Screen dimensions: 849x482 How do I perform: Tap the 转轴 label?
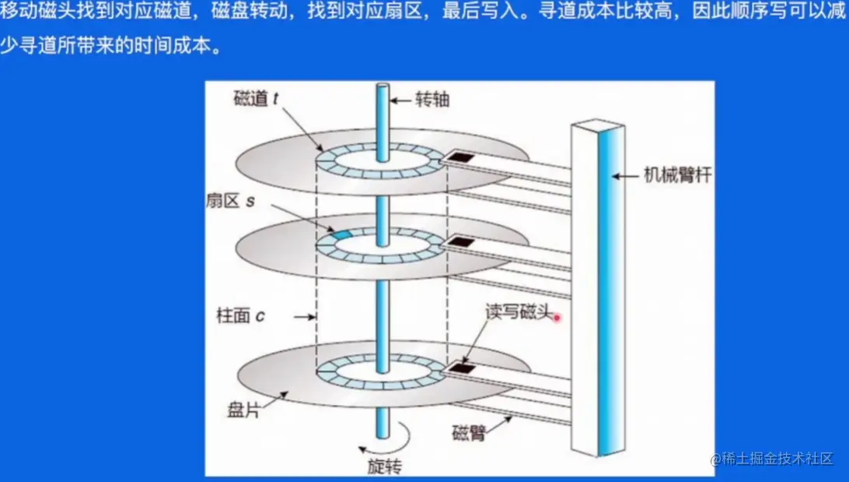click(x=432, y=100)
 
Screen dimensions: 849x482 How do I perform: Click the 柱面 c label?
click(x=241, y=316)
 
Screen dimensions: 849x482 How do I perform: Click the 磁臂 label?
click(x=467, y=433)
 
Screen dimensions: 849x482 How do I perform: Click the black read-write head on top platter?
click(x=463, y=159)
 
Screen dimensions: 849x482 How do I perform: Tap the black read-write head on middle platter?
click(x=463, y=242)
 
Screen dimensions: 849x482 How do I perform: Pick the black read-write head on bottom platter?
click(x=464, y=365)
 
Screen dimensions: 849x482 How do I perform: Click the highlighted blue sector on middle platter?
click(x=342, y=234)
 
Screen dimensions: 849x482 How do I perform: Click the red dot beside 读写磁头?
click(x=557, y=317)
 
